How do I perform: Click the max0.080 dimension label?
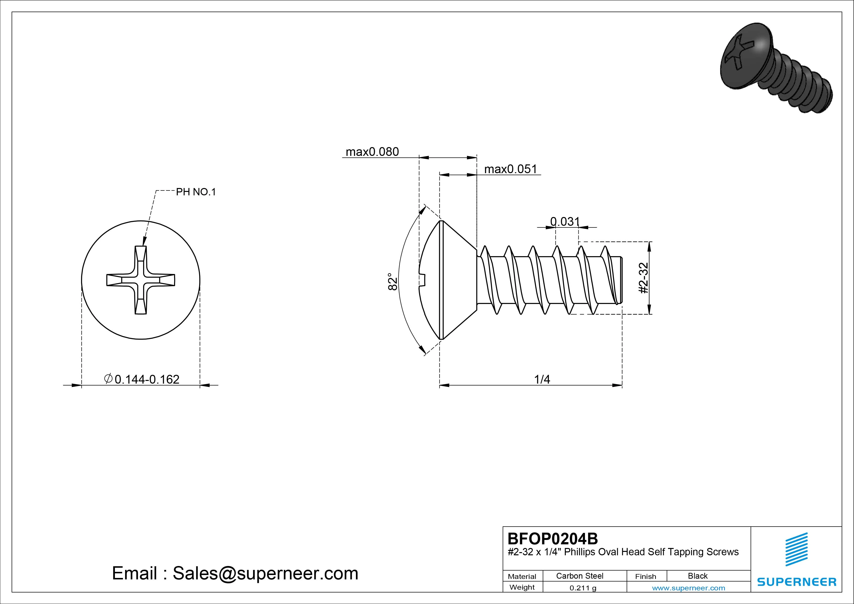coord(372,152)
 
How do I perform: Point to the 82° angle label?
coord(393,281)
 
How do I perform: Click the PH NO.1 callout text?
coord(196,192)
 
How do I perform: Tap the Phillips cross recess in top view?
coord(141,280)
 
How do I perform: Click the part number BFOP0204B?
coord(552,538)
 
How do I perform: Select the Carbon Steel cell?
coord(579,576)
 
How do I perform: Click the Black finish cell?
coord(697,576)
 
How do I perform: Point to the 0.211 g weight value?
coord(583,588)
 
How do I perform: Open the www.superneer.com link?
coord(688,588)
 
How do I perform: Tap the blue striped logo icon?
coord(796,549)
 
